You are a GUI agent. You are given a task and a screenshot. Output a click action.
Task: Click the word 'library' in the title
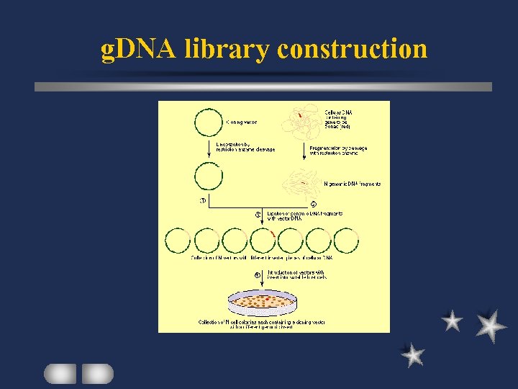point(227,50)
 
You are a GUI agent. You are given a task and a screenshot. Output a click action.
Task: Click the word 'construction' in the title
point(353,50)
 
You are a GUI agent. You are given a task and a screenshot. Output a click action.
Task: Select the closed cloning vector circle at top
point(208,122)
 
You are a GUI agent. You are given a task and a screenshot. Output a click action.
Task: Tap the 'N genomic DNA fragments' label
point(353,184)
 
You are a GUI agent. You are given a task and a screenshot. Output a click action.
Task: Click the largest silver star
point(491,326)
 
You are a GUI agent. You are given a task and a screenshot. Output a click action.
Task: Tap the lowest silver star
point(413,354)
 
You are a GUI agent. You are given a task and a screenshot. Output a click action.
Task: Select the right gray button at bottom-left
point(97,373)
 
